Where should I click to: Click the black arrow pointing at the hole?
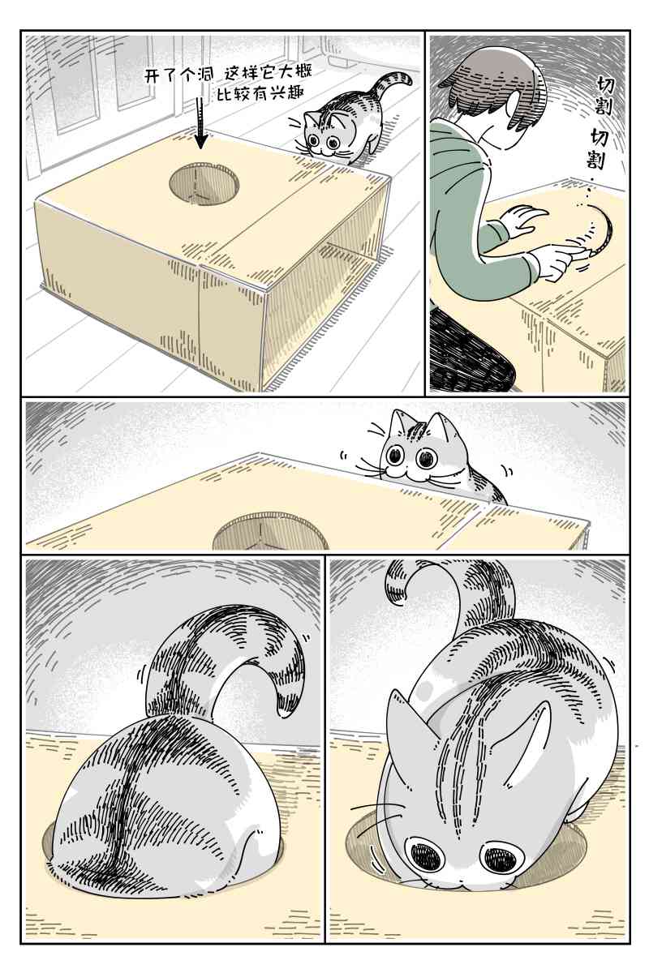[201, 123]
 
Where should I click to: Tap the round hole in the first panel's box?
[204, 184]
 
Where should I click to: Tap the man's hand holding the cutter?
[560, 260]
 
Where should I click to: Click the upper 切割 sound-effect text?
[604, 96]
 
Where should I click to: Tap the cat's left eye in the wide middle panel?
[395, 455]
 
